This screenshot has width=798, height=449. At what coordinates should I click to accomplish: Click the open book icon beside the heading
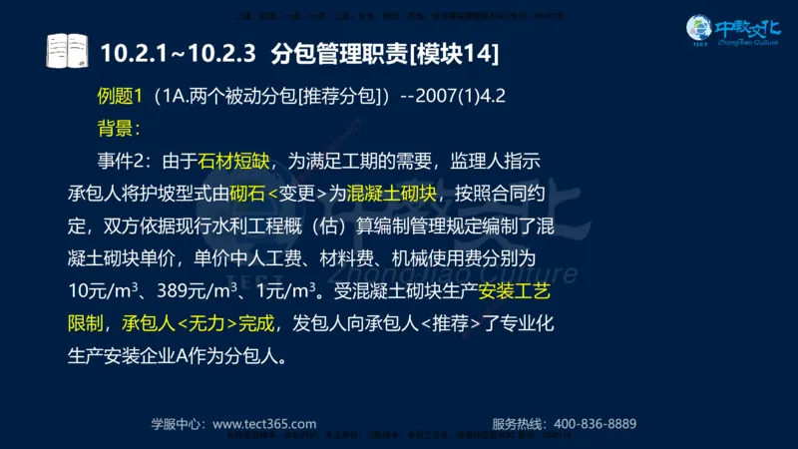[68, 49]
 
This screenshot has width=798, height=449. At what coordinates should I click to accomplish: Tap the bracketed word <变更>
[297, 193]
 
